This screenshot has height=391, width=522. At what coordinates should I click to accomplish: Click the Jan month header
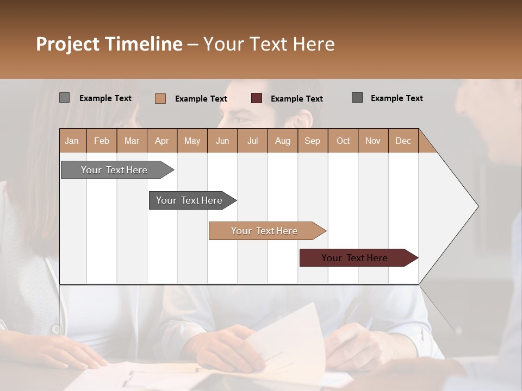pyautogui.click(x=72, y=141)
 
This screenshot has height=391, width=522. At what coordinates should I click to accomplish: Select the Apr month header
pyautogui.click(x=161, y=141)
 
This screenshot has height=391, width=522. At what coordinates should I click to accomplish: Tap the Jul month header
pyautogui.click(x=252, y=141)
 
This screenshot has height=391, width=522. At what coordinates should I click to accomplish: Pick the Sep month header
pyautogui.click(x=312, y=141)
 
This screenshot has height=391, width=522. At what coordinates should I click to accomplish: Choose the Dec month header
pyautogui.click(x=403, y=141)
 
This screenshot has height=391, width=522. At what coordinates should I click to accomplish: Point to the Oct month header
pyautogui.click(x=343, y=141)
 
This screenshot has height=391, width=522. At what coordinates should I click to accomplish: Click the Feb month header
pyautogui.click(x=102, y=141)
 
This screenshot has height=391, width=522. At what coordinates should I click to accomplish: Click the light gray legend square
pyautogui.click(x=64, y=98)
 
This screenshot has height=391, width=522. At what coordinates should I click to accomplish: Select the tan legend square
pyautogui.click(x=160, y=98)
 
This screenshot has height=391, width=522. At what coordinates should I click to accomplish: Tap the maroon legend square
pyautogui.click(x=257, y=98)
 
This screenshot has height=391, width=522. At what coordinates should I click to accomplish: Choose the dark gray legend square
pyautogui.click(x=357, y=98)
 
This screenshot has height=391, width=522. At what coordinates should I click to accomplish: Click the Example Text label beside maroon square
pyautogui.click(x=296, y=99)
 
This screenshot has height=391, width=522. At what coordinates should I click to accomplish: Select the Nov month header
pyautogui.click(x=372, y=141)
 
